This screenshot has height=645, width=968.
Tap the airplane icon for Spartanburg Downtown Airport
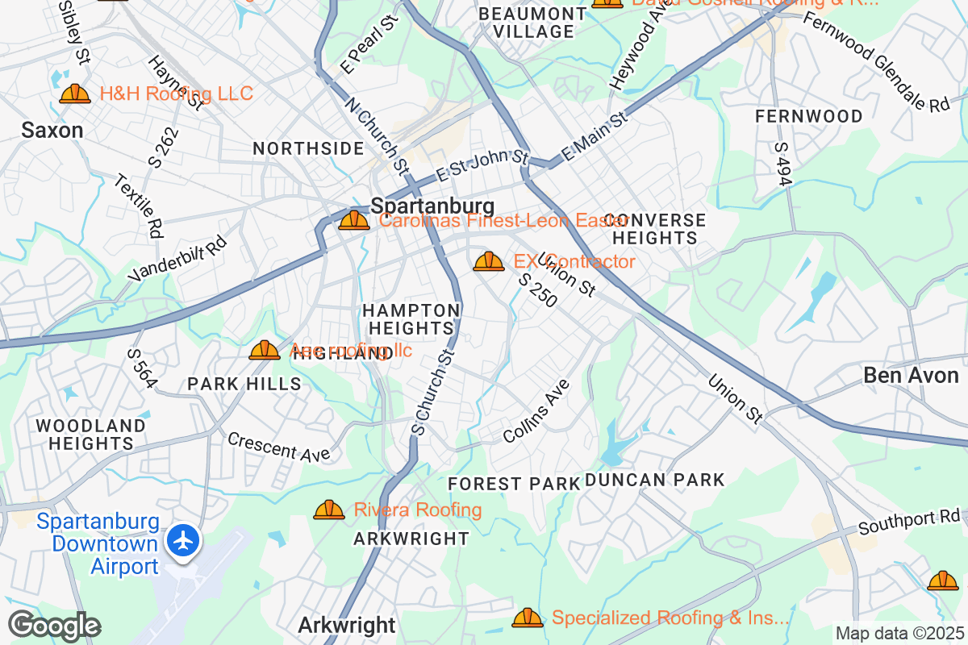coord(185,540)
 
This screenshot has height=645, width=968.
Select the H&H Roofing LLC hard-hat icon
coord(75,94)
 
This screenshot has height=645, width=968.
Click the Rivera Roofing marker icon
coord(328,510)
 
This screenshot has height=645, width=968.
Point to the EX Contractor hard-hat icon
coord(488,261)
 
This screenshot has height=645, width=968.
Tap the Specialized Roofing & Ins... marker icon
coord(528,618)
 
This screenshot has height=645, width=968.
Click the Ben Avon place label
coord(911,375)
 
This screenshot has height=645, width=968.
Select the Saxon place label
coord(52,130)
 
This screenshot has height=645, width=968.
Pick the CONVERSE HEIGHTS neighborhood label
coord(654,229)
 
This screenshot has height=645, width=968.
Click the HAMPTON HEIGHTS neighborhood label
coord(411,319)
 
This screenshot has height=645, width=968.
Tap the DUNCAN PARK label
coord(654,481)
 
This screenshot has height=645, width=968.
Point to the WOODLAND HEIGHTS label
coord(90,434)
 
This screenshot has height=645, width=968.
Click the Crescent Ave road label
coord(279,447)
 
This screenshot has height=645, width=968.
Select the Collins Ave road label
coord(536,411)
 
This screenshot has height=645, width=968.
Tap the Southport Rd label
coord(910,522)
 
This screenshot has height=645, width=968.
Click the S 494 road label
coord(782,164)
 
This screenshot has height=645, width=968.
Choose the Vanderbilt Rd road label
coord(178,259)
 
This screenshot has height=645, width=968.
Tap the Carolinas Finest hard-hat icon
coord(353,220)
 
